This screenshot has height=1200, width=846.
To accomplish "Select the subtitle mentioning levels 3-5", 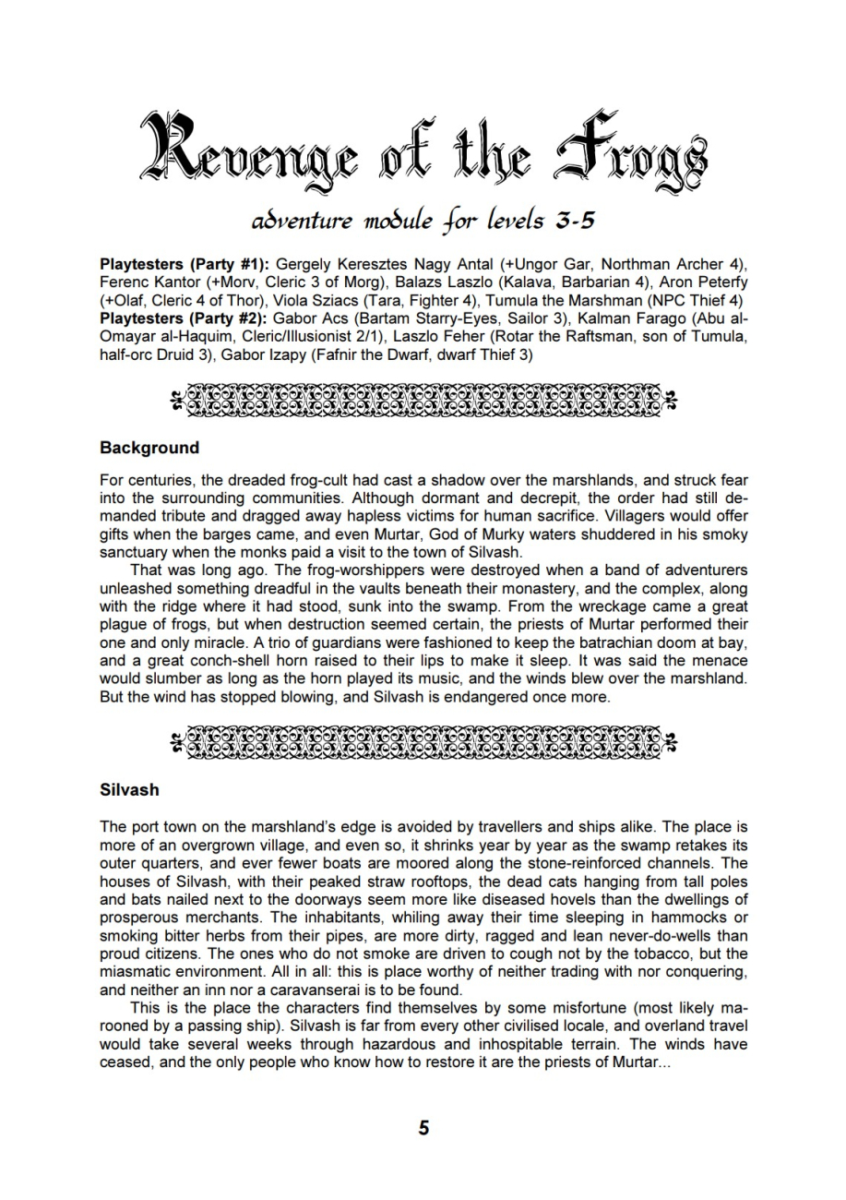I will [x=423, y=222].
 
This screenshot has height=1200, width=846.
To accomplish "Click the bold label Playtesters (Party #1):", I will [x=185, y=265].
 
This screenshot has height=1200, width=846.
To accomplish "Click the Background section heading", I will [x=149, y=448].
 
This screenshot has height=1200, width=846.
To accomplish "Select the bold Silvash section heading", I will [x=129, y=790].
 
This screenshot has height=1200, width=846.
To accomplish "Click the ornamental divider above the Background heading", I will [x=423, y=398].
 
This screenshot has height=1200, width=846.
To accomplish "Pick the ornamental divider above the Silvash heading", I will [x=423, y=740].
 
